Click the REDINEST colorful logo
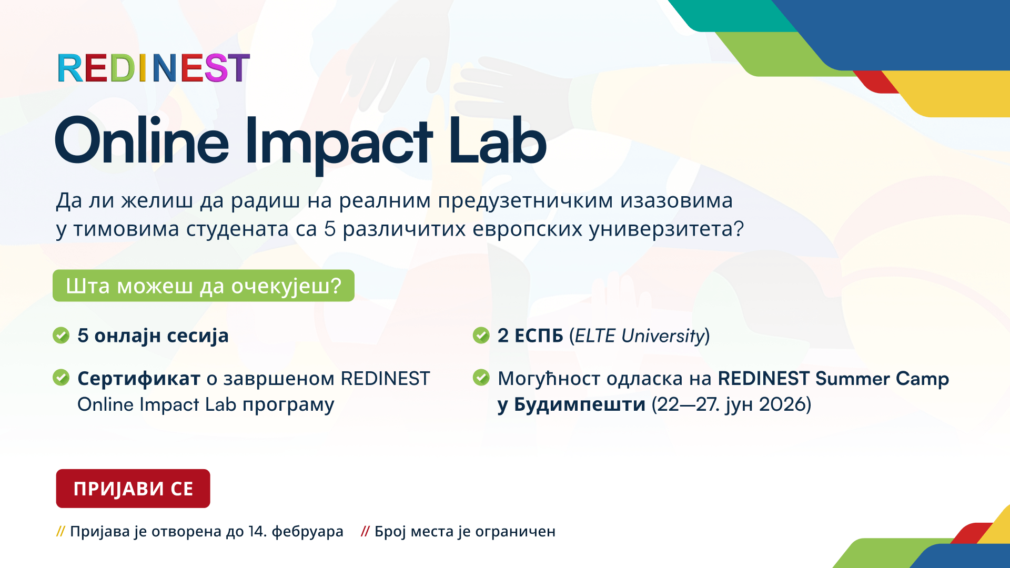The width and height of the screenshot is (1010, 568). [154, 68]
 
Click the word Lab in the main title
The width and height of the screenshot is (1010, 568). [498, 140]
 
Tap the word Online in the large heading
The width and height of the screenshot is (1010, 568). [142, 140]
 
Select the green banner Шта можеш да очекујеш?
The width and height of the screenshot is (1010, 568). [204, 286]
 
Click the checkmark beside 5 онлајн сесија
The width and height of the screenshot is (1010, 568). [61, 335]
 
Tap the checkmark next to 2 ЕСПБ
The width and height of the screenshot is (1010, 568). [481, 335]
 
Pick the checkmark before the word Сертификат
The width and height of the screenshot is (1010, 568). [61, 378]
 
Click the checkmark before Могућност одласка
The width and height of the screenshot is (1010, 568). [481, 378]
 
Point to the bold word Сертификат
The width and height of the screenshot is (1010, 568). [139, 379]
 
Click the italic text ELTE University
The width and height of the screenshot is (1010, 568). [640, 336]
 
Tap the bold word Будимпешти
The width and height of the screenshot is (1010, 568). [580, 404]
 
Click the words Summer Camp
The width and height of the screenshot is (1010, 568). [882, 379]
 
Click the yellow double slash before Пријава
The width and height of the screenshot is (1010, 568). [60, 532]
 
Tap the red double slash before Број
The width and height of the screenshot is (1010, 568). [365, 532]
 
